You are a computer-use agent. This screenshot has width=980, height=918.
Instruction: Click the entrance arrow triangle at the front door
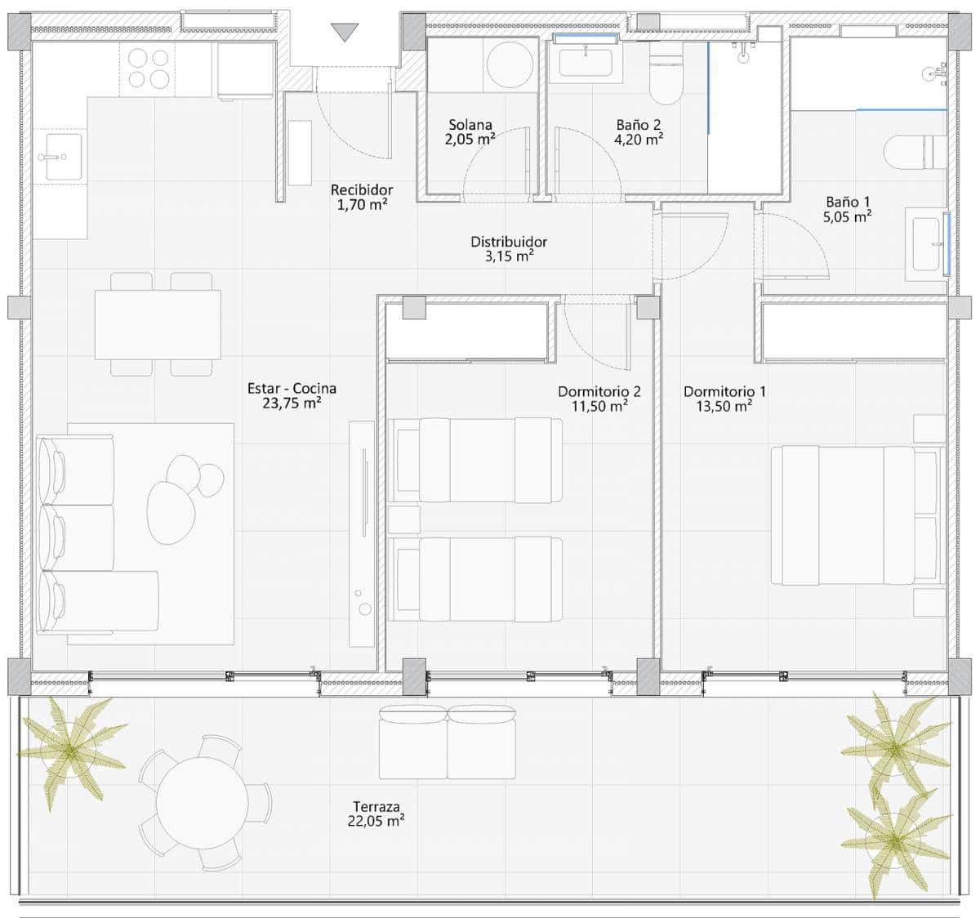click(x=345, y=32)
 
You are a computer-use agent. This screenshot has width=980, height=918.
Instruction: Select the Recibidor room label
click(x=362, y=189)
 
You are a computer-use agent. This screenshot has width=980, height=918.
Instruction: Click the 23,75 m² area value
click(x=292, y=403)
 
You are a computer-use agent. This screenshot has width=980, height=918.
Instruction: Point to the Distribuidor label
click(x=509, y=242)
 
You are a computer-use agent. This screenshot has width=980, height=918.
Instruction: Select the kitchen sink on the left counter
click(x=64, y=157)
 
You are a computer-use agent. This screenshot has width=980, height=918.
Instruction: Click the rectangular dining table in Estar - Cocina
click(x=158, y=324)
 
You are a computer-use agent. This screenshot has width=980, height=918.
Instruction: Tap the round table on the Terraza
click(x=203, y=802)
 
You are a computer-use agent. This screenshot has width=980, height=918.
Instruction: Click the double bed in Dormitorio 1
click(x=857, y=515)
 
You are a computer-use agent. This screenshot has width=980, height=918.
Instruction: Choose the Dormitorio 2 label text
click(x=599, y=391)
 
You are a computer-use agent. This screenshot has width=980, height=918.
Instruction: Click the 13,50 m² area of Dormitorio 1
click(x=724, y=406)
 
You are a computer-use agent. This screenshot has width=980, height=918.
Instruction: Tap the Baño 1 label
click(x=848, y=202)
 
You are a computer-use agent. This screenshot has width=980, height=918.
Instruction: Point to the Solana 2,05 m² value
click(x=470, y=140)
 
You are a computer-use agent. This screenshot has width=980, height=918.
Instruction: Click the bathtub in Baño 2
click(x=586, y=60)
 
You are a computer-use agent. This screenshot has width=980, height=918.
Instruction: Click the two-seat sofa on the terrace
click(x=447, y=742)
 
